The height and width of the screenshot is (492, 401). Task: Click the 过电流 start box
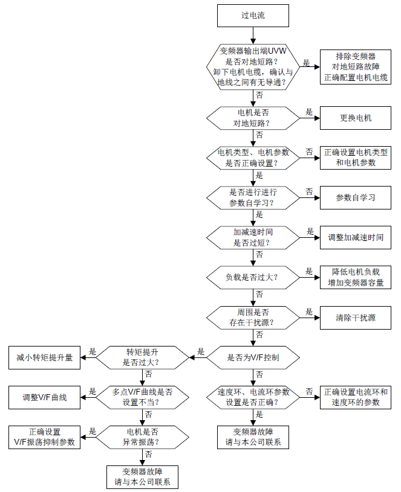[x=253, y=16]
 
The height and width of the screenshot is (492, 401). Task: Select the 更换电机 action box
[x=356, y=118]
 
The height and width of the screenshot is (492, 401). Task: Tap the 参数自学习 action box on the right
[x=356, y=197]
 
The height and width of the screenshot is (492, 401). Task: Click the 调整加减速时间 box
[x=356, y=237]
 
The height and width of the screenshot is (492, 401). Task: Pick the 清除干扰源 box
[x=356, y=318]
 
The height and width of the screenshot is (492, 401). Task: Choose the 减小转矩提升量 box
[x=44, y=357]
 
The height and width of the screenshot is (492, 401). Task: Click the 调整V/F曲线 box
[x=44, y=398]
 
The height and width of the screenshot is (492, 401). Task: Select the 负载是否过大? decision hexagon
[x=253, y=277]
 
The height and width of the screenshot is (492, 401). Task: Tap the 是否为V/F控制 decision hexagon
[x=253, y=357]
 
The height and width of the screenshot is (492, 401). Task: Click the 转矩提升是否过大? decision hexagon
[x=142, y=357]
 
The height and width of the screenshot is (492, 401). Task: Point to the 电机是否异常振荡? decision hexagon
[x=142, y=437]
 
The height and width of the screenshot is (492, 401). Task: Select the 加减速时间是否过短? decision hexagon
[x=253, y=237]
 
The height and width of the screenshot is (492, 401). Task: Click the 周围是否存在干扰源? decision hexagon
[x=253, y=318]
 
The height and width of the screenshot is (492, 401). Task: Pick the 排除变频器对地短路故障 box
[x=356, y=67]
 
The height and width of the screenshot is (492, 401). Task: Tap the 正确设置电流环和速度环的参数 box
[x=356, y=398]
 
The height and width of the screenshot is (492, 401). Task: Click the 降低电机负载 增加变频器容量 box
[x=356, y=277]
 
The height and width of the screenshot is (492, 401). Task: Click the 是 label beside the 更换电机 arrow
[x=309, y=112]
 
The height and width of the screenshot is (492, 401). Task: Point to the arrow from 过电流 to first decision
[x=253, y=36]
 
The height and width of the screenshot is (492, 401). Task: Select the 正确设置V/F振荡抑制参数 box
[x=44, y=437]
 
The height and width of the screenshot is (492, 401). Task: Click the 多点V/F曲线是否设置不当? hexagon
[x=142, y=398]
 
